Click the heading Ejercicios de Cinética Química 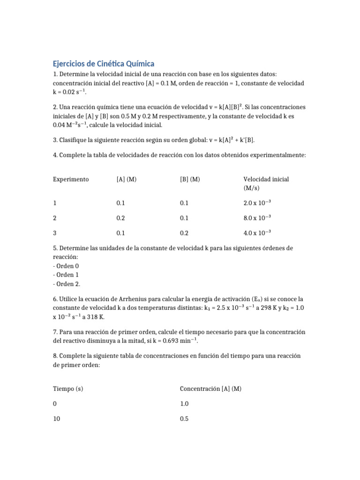(104, 63)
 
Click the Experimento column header (71, 179)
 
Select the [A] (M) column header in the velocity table (126, 179)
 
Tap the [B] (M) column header (190, 179)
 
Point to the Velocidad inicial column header (266, 179)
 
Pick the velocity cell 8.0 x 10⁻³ (257, 218)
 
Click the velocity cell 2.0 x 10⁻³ (257, 203)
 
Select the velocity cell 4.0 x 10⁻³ (257, 233)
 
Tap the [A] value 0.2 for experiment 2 (121, 218)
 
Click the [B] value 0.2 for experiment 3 (184, 233)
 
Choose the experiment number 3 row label (55, 233)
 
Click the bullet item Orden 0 (66, 266)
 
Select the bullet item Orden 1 (66, 275)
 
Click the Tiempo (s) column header (68, 389)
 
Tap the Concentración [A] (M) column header (210, 389)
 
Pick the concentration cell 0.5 (184, 419)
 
